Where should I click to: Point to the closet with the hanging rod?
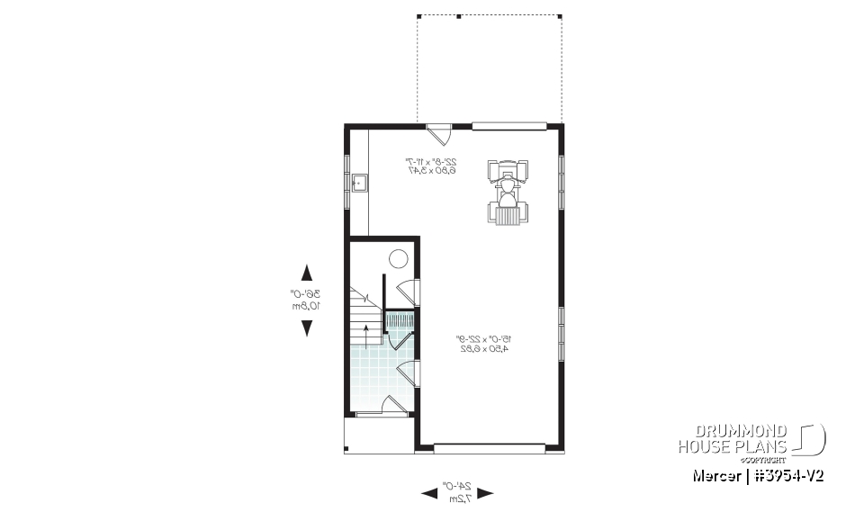coord(400,320)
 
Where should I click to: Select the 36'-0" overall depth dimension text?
coord(306,293)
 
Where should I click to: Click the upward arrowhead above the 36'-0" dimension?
coord(306,273)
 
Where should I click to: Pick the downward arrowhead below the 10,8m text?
coord(306,328)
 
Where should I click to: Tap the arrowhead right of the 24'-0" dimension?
coord(486,492)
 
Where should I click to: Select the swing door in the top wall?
coord(438,133)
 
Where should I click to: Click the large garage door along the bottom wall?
coord(490,445)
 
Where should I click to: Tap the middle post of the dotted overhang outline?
coord(458,16)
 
